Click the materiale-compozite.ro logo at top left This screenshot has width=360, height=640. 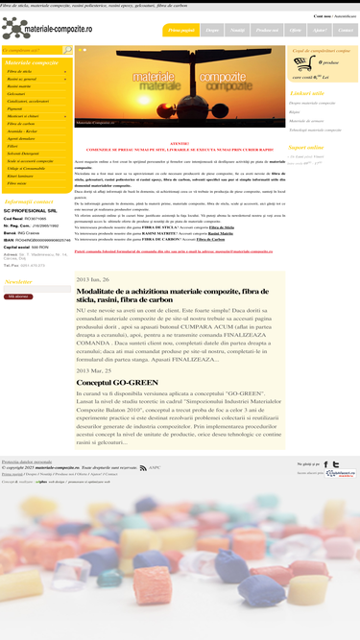(46, 28)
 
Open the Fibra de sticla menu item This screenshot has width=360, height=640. (19, 72)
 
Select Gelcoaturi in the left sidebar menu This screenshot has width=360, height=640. (16, 93)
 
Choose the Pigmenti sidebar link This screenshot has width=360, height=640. (15, 107)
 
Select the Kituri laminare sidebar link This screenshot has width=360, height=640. (19, 175)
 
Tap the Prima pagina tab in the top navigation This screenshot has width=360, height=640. (181, 31)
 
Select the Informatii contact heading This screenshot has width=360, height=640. (29, 201)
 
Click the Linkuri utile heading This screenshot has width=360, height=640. (307, 92)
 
